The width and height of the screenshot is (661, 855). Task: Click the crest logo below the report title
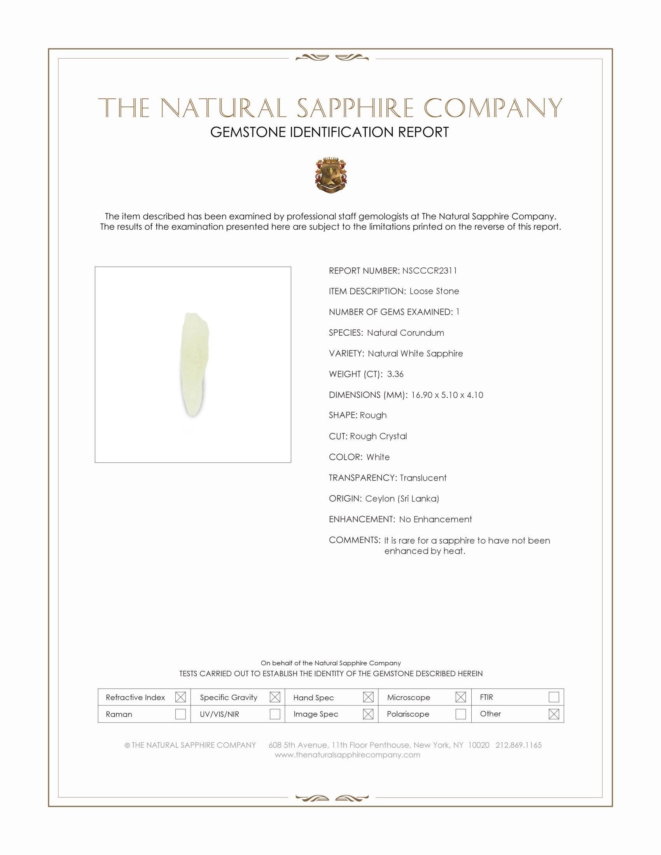(331, 175)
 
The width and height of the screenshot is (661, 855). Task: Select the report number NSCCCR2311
(429, 270)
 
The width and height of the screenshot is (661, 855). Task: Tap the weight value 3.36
(395, 374)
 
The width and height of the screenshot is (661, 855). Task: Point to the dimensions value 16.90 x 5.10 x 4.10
(447, 394)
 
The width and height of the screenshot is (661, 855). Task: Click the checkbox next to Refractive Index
(180, 697)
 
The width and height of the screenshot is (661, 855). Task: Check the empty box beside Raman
(180, 714)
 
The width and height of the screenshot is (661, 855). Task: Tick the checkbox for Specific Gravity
(275, 697)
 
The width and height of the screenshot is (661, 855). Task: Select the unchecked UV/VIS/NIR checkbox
(275, 714)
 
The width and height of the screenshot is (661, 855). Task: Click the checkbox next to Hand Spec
(368, 697)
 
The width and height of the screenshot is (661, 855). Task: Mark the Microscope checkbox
(460, 697)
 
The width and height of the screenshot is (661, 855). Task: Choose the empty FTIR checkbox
(554, 697)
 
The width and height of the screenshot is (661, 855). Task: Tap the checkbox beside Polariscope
(460, 714)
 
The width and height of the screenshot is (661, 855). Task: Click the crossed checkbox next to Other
(554, 714)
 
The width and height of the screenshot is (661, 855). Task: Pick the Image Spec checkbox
(368, 714)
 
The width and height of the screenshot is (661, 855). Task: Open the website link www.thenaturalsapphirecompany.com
(347, 755)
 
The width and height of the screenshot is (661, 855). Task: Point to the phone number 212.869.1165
(518, 745)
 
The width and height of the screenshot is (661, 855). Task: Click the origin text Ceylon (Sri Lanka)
(402, 498)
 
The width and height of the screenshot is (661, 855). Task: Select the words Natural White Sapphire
(415, 354)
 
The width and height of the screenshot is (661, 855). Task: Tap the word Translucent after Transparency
(423, 478)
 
